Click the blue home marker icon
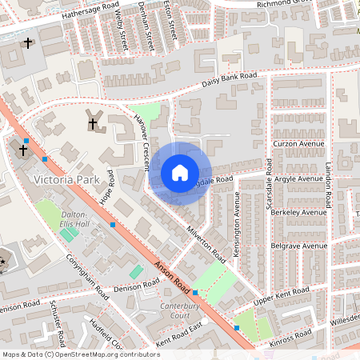click(180, 173)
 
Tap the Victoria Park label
click(66, 181)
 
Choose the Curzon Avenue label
click(297, 144)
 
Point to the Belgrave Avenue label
click(299, 246)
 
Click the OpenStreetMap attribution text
click(80, 354)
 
